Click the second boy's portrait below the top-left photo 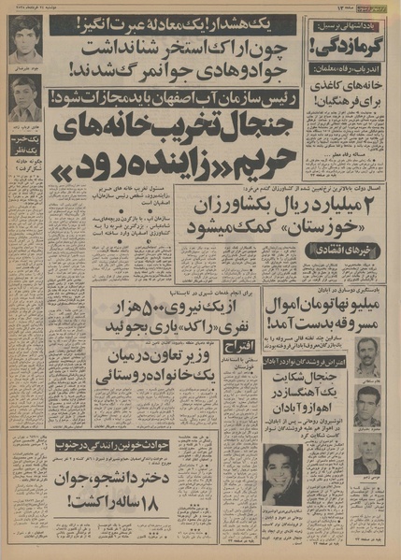[x=24, y=95]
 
